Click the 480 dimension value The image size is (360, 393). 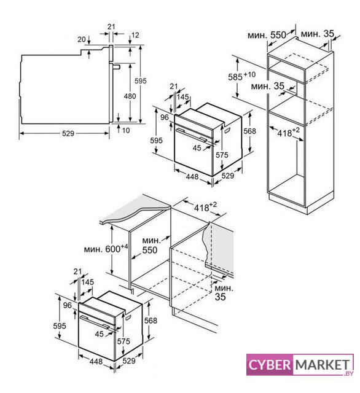pos(130,96)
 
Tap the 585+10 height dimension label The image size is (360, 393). pos(241,76)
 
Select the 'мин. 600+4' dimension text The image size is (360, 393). pos(106,249)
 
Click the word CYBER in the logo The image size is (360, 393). pos(270,365)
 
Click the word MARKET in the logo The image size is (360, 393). pos(323,365)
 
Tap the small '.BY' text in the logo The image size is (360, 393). pos(349,373)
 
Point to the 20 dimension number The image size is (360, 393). pos(82,39)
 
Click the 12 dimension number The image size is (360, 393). pos(135,35)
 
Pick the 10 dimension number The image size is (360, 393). pos(126,130)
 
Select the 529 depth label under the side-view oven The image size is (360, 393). pos(68,133)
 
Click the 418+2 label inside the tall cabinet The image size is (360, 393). pos(288,132)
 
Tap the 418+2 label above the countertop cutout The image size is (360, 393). pos(205,207)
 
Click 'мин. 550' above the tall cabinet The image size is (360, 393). pos(267,35)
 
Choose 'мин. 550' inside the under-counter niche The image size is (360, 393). pos(150,246)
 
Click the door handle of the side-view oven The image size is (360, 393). pos(117,66)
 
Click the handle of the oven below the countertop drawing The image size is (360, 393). pos(95,322)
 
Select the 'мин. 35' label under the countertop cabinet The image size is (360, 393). pos(224,292)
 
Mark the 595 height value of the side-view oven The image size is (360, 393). pos(141,81)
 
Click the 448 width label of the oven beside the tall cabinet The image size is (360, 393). pos(192,177)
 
